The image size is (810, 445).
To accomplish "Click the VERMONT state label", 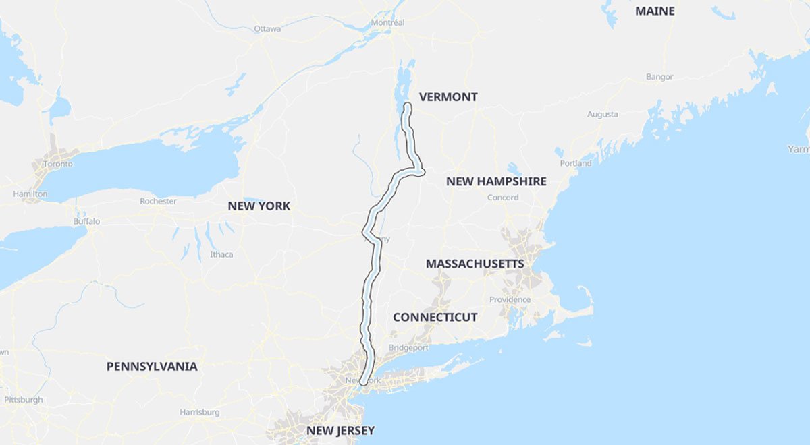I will point(448,97).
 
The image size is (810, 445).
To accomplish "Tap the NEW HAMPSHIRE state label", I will point(496,181).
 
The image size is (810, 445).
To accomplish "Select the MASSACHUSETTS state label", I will point(475,264).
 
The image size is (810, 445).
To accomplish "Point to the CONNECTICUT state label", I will point(435,317).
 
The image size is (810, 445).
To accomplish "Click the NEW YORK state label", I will point(259,206).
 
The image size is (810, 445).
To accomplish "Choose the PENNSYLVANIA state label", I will point(152,367).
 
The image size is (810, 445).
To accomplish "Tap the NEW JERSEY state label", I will point(340,430).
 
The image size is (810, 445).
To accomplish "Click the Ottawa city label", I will point(267,29).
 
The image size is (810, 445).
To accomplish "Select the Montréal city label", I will point(387,23).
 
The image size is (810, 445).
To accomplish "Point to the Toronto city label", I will point(58,165).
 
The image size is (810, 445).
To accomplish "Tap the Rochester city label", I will point(158,201).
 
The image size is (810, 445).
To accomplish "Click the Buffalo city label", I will point(86,221).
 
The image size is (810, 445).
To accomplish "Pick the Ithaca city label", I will point(221,254).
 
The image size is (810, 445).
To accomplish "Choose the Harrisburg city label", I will point(200,412).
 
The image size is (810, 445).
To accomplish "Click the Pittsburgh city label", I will point(24,400).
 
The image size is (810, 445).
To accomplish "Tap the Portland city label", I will point(576,163).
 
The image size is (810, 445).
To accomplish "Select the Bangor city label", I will point(659,77).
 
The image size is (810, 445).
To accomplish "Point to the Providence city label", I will point(510,299).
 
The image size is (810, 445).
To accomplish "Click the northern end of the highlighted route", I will point(408,106).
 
